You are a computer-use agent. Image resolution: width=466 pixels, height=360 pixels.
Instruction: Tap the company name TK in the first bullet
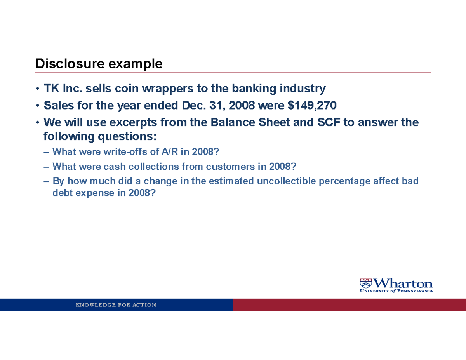[50, 89]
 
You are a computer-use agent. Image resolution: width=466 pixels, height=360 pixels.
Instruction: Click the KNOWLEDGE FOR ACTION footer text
[116, 305]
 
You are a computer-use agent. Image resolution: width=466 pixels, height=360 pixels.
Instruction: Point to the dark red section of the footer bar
[349, 305]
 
